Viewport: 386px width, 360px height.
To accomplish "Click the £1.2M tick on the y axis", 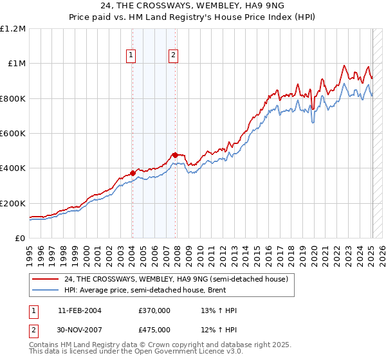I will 13,29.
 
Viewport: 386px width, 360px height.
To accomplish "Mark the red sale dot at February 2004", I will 133,173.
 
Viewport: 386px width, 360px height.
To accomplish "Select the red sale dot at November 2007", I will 176,155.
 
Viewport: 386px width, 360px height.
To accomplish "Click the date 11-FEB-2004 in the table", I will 79,311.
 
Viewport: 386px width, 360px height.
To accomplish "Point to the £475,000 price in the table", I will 154,330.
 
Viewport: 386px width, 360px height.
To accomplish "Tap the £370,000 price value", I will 154,311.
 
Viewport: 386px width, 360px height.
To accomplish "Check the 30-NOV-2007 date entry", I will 80,330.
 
